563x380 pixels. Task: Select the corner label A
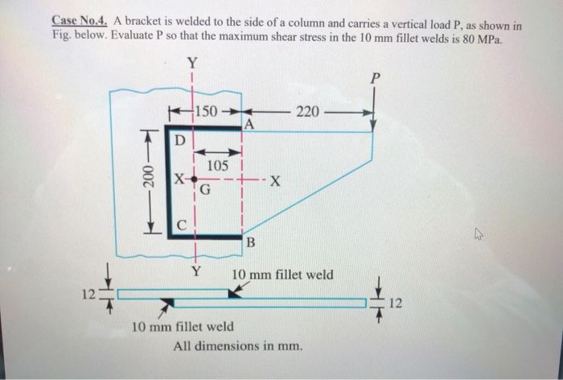point(249,125)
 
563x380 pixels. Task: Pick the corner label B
point(250,243)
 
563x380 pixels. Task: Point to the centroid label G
point(204,191)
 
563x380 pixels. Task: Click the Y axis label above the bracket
point(191,63)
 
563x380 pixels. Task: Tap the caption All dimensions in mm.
point(238,347)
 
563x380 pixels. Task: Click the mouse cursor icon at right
point(480,236)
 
